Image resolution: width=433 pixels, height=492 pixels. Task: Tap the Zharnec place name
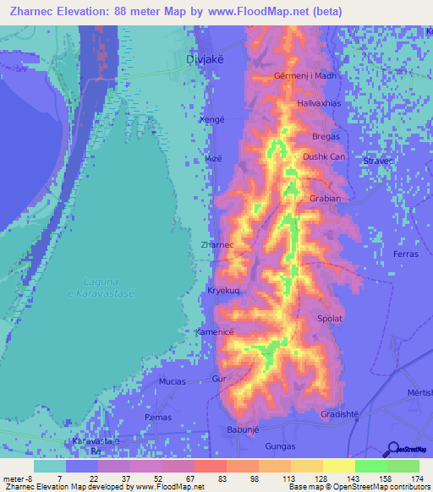tap(216, 244)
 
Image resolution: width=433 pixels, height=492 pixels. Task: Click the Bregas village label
tap(326, 136)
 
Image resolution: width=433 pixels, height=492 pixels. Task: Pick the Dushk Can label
tap(324, 156)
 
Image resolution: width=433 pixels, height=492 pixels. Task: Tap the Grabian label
tap(326, 200)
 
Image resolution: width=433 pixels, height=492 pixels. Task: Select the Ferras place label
tap(406, 254)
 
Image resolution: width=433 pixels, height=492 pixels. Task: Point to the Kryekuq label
tap(223, 290)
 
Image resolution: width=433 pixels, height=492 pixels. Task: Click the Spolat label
tap(330, 319)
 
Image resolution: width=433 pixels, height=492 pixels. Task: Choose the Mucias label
tap(173, 381)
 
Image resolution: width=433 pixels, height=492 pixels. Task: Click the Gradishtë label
tap(340, 413)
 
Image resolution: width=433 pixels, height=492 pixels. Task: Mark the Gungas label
tap(280, 446)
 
